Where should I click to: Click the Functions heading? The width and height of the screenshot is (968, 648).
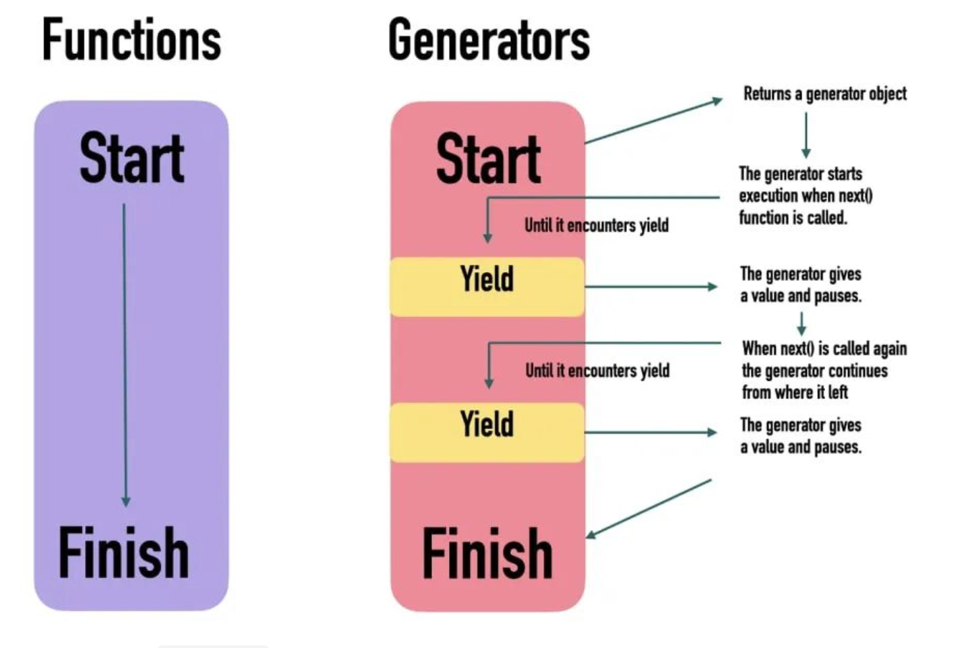[x=131, y=40]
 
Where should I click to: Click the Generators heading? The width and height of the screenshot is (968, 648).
[x=489, y=40]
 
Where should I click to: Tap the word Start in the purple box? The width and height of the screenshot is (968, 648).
[x=131, y=159]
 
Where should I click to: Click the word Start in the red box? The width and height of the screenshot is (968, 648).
[x=488, y=159]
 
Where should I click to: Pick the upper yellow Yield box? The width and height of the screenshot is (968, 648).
[x=487, y=286]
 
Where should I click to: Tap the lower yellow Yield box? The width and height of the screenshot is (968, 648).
[x=487, y=432]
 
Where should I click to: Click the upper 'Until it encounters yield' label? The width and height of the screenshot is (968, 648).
[x=597, y=225]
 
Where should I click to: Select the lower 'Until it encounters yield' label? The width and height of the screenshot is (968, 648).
[x=597, y=370]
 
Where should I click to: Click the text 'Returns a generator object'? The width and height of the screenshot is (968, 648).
[x=824, y=94]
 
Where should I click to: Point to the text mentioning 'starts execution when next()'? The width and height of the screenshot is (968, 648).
[x=805, y=195]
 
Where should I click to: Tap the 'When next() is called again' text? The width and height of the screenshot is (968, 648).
[x=824, y=370]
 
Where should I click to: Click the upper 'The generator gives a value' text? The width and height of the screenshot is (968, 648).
[x=800, y=284]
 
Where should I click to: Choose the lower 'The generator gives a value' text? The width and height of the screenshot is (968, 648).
[x=800, y=435]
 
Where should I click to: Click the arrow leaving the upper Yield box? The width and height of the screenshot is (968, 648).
[x=651, y=286]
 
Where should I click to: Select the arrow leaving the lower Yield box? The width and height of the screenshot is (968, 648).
[x=651, y=432]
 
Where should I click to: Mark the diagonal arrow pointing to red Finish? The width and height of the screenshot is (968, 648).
[x=648, y=509]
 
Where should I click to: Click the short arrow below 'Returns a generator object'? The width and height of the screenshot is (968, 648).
[x=806, y=135]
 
